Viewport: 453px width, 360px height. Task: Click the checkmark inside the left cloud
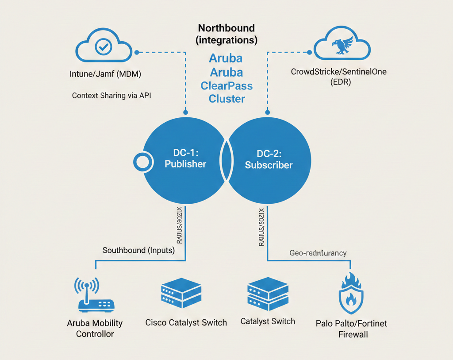tap(104, 46)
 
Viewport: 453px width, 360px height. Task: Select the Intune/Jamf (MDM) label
tap(105, 74)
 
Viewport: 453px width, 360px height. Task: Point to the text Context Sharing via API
tap(111, 95)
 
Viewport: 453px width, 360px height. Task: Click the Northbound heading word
tap(226, 28)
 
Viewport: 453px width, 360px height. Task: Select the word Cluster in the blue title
tap(227, 98)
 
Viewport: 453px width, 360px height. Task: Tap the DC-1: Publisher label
tap(185, 159)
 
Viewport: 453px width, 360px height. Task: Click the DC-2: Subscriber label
tap(269, 159)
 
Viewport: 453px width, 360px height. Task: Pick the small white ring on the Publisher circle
tap(142, 163)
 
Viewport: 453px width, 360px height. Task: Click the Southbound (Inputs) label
tap(138, 250)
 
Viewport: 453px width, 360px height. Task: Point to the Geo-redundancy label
tap(318, 253)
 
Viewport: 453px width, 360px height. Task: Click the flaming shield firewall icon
tap(350, 294)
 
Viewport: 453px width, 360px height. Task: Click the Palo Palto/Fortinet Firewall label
tap(352, 329)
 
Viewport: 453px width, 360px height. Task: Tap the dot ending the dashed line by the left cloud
tap(137, 52)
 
